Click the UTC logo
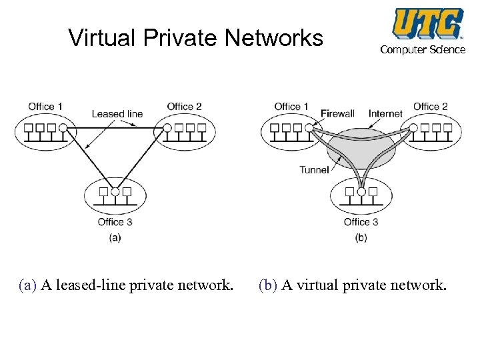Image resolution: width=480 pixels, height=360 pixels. pyautogui.click(x=428, y=23)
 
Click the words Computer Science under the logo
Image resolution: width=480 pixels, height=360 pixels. pyautogui.click(x=423, y=50)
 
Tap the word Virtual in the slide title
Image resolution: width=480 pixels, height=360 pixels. pyautogui.click(x=101, y=38)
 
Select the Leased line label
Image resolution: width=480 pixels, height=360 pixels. pyautogui.click(x=117, y=113)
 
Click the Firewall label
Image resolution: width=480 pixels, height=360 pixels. pyautogui.click(x=337, y=113)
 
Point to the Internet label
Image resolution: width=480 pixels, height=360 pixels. pyautogui.click(x=385, y=113)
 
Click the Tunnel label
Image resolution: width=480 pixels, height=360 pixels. pyautogui.click(x=314, y=169)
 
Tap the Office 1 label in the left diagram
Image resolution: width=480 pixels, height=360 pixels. pyautogui.click(x=45, y=106)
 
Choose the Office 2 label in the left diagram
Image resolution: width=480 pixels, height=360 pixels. pyautogui.click(x=184, y=106)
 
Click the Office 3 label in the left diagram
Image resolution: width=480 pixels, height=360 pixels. pyautogui.click(x=115, y=222)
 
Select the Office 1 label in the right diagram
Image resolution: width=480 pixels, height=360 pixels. pyautogui.click(x=291, y=106)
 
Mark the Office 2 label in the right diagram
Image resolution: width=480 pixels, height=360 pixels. pyautogui.click(x=430, y=106)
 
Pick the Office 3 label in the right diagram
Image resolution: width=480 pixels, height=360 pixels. pyautogui.click(x=361, y=222)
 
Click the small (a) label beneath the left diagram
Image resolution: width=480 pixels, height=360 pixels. pyautogui.click(x=115, y=237)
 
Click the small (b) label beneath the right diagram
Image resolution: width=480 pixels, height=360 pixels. pyautogui.click(x=361, y=237)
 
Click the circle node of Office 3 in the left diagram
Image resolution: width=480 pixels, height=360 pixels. pyautogui.click(x=115, y=191)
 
